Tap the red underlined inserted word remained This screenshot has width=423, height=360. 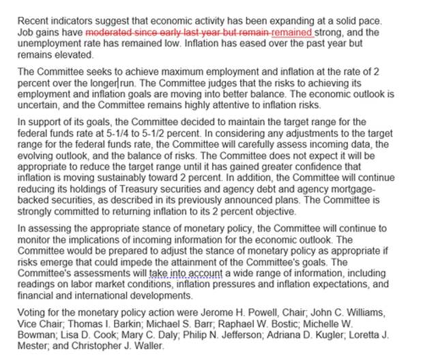click(x=292, y=32)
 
